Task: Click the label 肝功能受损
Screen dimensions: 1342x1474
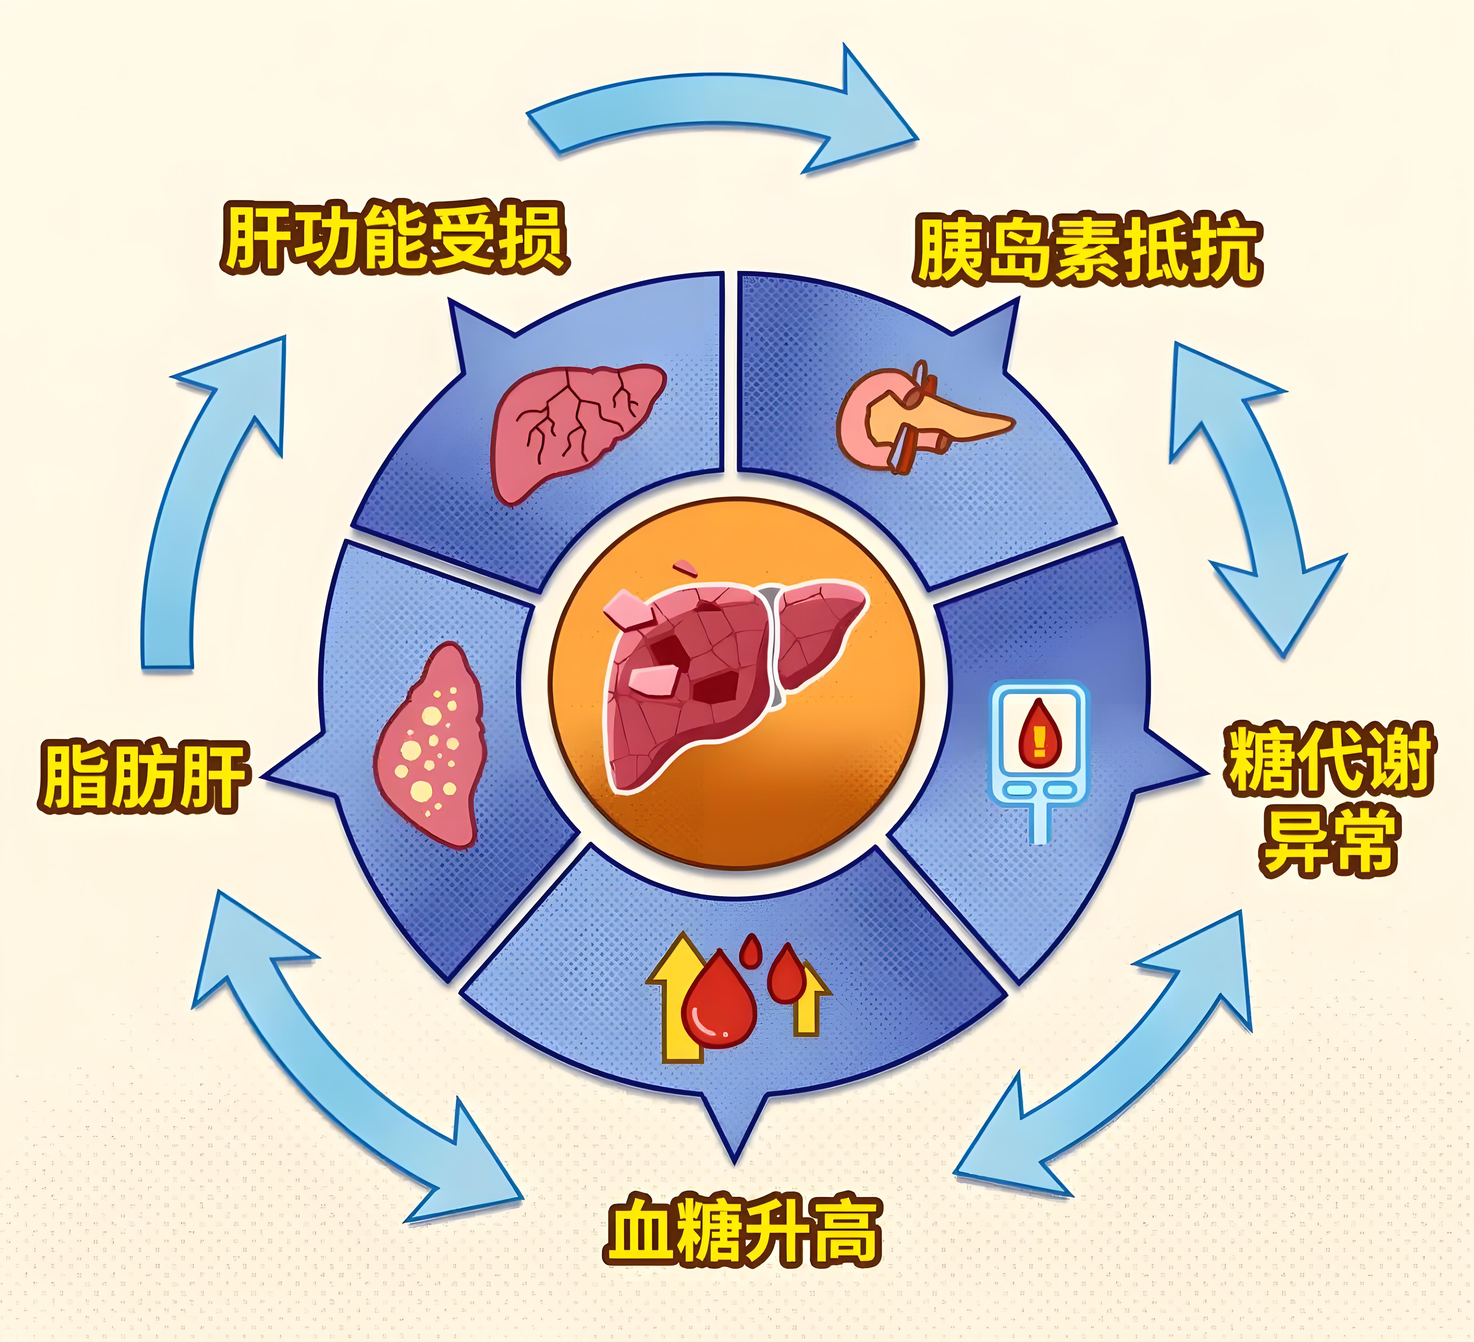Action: [x=395, y=238]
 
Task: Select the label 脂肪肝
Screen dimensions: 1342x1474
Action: [x=144, y=777]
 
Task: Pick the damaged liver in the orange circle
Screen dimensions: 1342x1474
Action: [x=731, y=680]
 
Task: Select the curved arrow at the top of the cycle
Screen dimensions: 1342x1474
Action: [x=720, y=110]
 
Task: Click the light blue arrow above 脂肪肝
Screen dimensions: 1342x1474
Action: [x=208, y=497]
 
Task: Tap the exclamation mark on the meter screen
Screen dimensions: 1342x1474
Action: [x=1039, y=739]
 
